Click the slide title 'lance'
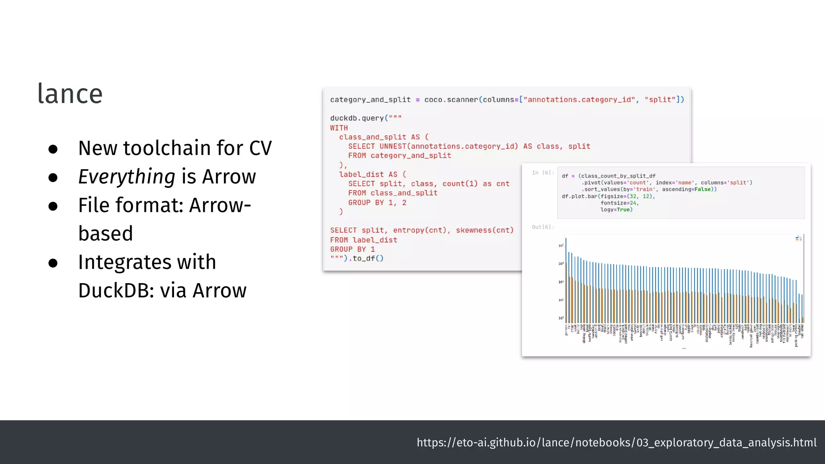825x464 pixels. pos(70,94)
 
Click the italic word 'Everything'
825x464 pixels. pos(126,177)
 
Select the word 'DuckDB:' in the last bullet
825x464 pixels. pos(116,290)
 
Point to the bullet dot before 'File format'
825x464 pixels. pos(53,206)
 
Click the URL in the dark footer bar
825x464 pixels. pos(616,442)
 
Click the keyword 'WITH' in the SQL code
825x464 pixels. pos(339,128)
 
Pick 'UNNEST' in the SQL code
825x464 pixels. pos(393,147)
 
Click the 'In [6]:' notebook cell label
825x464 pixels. pos(543,173)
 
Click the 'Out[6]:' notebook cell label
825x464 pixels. pos(543,227)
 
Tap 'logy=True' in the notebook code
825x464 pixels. pos(616,210)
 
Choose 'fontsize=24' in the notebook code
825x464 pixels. pos(619,203)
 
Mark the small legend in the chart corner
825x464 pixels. pos(798,238)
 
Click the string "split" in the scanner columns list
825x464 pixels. pos(660,100)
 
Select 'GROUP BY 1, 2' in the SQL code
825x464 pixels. pos(377,203)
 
